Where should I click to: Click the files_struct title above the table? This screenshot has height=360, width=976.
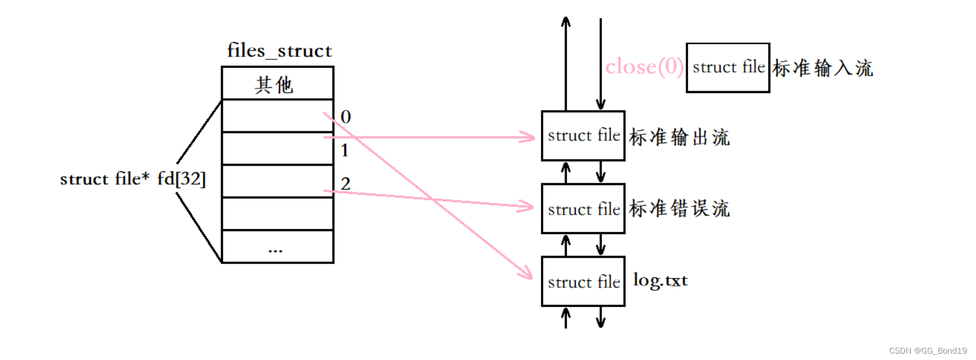[x=279, y=51]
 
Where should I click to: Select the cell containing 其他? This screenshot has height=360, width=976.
[x=277, y=84]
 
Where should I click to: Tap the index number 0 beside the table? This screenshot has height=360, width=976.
[x=345, y=117]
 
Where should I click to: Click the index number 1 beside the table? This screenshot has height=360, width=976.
[x=345, y=150]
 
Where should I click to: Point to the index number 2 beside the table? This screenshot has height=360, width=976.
[x=345, y=184]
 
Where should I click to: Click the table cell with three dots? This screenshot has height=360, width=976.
[x=277, y=247]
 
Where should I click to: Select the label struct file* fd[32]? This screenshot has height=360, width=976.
[x=133, y=179]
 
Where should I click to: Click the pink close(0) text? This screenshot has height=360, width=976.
[x=644, y=67]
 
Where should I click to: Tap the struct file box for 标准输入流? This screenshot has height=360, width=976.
[x=728, y=67]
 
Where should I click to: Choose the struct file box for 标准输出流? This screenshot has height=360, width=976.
[x=583, y=136]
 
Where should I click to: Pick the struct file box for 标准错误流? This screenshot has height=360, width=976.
[x=583, y=209]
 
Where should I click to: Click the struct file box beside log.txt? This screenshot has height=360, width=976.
[x=583, y=281]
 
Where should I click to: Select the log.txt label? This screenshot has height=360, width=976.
[x=660, y=280]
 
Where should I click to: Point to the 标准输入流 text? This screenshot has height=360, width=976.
[x=822, y=68]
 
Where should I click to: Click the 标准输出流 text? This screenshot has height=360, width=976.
[x=679, y=137]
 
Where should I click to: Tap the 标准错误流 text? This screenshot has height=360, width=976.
[x=679, y=208]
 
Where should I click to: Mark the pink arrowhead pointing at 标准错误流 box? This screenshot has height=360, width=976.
[x=527, y=206]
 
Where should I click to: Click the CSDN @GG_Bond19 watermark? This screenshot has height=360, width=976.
[x=928, y=351]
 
